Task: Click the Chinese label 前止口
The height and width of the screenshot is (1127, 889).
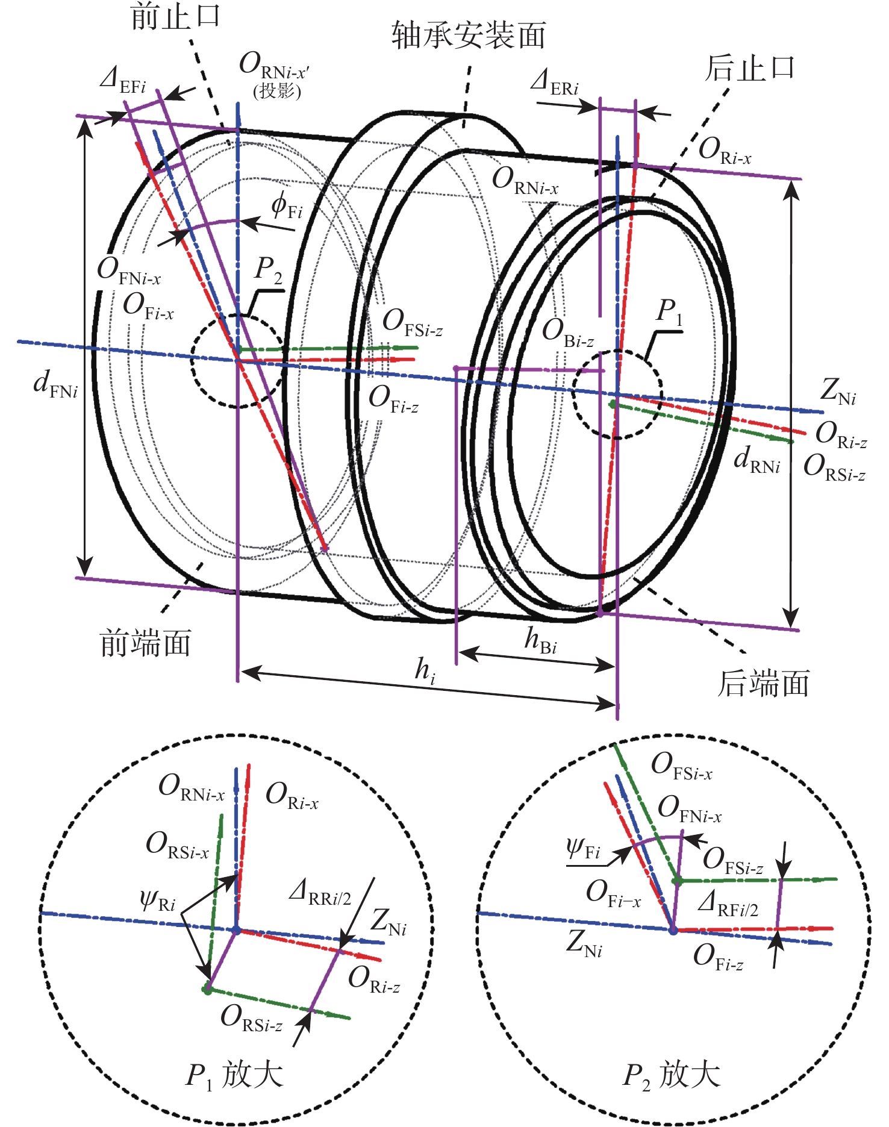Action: point(175,16)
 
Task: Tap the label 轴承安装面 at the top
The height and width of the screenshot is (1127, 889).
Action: point(469,35)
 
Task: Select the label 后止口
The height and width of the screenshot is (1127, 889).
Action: point(750,68)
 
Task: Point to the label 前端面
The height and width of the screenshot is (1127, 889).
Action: point(145,643)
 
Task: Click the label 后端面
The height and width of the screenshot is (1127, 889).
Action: point(763,684)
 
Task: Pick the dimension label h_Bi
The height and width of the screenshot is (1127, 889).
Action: point(540,640)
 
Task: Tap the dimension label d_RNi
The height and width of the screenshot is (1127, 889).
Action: point(756,460)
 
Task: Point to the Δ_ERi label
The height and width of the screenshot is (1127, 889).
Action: point(554,82)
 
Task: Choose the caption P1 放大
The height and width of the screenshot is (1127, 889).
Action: point(234,1076)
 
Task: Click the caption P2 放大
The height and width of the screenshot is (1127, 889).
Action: point(671,1076)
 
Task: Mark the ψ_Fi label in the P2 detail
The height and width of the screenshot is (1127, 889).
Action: point(583,849)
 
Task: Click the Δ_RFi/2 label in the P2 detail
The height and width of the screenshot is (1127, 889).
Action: point(728,904)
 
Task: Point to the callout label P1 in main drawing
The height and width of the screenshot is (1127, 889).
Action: point(669,312)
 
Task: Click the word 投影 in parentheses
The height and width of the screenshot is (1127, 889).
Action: point(276,91)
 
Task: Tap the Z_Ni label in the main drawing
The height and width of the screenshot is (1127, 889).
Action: point(838,392)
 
